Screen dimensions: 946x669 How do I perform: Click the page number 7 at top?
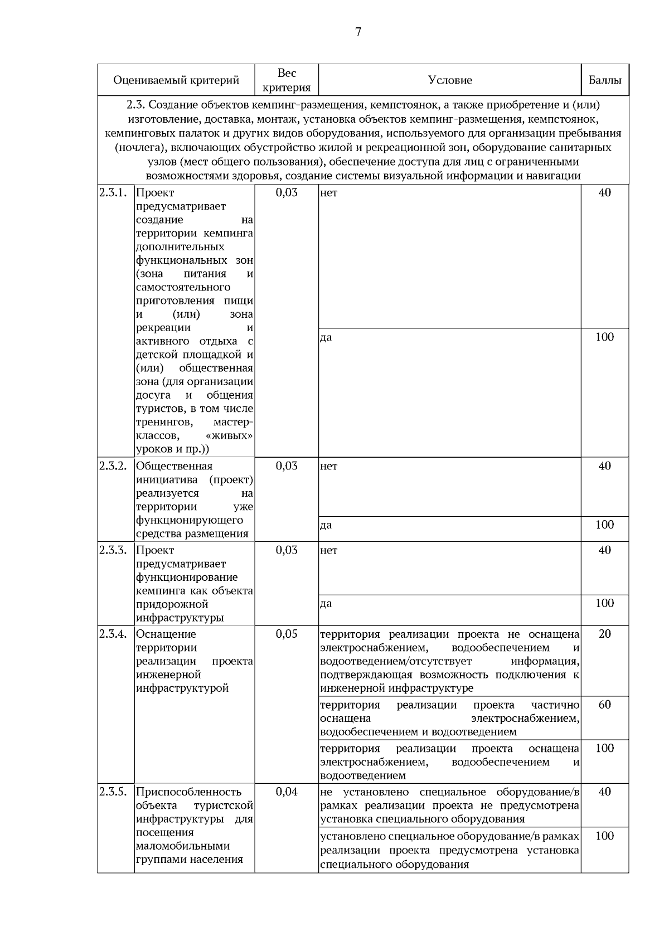point(358,32)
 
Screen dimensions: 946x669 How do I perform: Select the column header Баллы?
point(605,80)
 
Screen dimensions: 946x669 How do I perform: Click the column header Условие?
point(450,80)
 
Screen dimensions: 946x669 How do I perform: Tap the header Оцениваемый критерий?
point(176,80)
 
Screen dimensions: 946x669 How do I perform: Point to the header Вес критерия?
point(287,80)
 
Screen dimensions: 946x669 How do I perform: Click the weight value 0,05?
point(287,634)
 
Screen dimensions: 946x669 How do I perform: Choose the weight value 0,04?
point(287,792)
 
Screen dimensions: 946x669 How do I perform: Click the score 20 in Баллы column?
point(605,634)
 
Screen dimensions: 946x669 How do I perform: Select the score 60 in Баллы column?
point(605,705)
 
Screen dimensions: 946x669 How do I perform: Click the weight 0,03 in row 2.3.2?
point(287,466)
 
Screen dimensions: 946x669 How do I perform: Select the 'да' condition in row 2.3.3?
point(326,604)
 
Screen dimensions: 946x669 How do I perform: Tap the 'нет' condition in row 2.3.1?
point(329,193)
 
